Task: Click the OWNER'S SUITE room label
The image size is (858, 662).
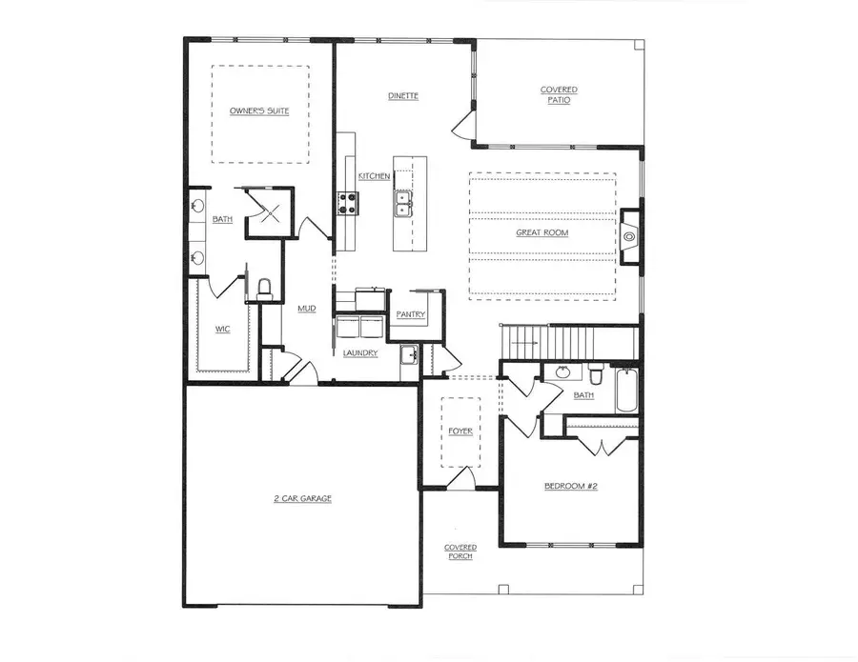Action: tap(259, 111)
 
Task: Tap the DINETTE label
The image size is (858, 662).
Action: tap(403, 96)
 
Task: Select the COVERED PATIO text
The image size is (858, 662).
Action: tap(559, 95)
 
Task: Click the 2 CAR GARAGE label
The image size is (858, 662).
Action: tap(301, 498)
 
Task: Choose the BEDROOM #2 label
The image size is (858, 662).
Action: tap(569, 486)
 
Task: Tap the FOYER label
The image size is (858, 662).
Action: tap(460, 431)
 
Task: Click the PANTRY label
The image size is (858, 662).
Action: tap(412, 314)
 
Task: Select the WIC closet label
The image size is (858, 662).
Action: tap(222, 329)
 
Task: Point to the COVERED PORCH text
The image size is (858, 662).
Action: tap(460, 552)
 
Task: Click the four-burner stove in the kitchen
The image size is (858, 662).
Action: tap(345, 203)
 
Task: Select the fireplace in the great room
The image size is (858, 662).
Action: tap(629, 236)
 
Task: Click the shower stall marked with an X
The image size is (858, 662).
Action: tap(269, 211)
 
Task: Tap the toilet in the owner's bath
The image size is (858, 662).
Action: tap(265, 287)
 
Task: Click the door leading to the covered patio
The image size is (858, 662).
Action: tap(462, 122)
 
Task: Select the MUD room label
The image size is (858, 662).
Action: tap(306, 308)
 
